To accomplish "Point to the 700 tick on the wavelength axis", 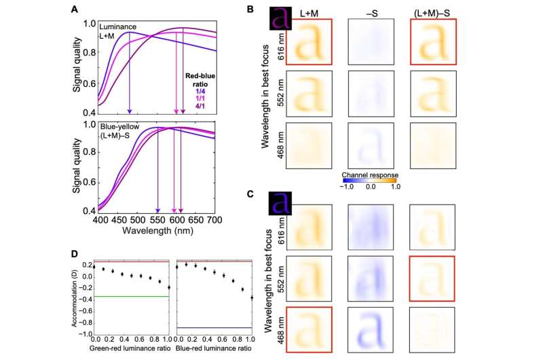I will [x=214, y=221].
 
